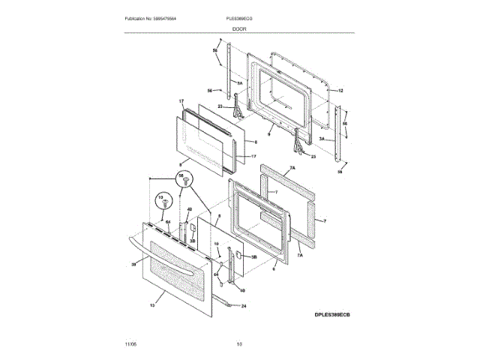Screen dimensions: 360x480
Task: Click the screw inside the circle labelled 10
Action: point(161,203)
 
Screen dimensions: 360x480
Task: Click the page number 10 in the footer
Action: point(239,343)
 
